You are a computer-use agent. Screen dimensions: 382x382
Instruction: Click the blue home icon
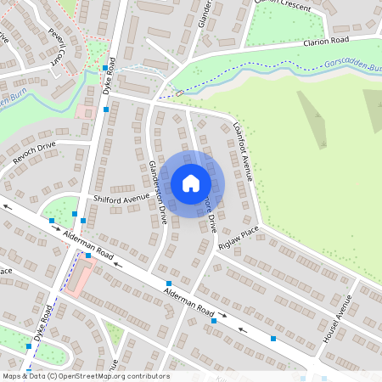click(191, 183)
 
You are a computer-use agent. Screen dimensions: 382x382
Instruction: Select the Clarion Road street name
click(327, 43)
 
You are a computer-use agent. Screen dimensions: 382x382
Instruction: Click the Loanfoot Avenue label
click(244, 151)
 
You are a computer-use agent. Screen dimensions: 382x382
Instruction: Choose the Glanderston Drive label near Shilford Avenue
click(158, 192)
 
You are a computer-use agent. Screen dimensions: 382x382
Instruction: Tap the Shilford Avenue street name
click(121, 199)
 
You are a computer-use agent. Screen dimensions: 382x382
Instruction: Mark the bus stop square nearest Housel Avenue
click(273, 338)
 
